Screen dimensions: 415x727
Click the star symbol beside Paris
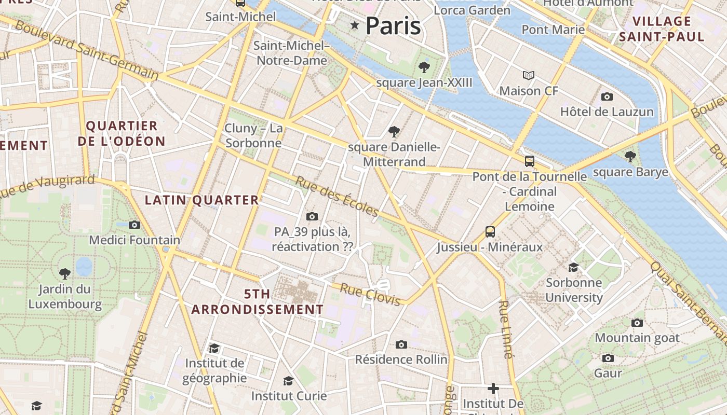355,25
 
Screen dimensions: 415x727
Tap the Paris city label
393,26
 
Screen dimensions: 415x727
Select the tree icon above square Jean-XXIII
424,67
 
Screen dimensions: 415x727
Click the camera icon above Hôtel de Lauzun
607,96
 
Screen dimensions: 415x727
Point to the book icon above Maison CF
529,76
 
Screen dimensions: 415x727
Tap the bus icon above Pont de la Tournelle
530,161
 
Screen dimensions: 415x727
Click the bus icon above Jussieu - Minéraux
490,231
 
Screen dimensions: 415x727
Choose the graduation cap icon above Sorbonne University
573,267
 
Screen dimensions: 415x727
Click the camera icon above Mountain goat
637,323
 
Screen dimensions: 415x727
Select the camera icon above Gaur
608,358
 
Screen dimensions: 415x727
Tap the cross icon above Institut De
493,388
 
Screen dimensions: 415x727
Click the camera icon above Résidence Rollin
401,344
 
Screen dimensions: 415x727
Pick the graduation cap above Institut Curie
288,381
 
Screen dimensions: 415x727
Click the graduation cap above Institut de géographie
214,348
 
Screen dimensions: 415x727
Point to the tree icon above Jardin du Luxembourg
65,273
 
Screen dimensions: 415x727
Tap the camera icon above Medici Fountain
134,225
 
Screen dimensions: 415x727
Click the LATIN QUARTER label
201,200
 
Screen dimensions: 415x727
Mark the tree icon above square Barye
630,156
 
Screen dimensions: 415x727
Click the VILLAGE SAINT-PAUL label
662,29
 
